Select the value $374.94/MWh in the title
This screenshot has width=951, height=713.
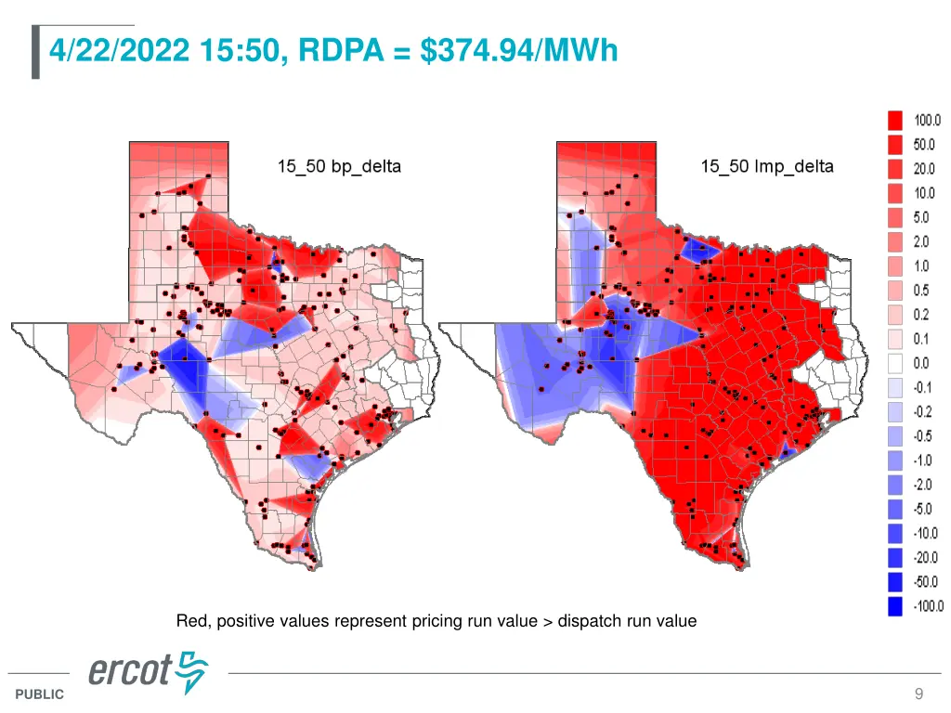click(518, 49)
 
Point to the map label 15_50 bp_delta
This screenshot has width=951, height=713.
click(339, 167)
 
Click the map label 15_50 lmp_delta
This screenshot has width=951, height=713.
click(767, 167)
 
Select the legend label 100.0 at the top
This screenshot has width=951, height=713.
click(928, 121)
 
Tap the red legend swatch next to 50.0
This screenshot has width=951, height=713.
click(895, 145)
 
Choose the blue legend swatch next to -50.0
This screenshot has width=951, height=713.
click(895, 582)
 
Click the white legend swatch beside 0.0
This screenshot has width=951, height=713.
click(895, 364)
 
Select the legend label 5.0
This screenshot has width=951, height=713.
click(921, 218)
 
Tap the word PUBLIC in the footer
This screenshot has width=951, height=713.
click(40, 694)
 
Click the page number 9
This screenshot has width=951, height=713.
click(918, 694)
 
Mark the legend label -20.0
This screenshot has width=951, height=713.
click(927, 558)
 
